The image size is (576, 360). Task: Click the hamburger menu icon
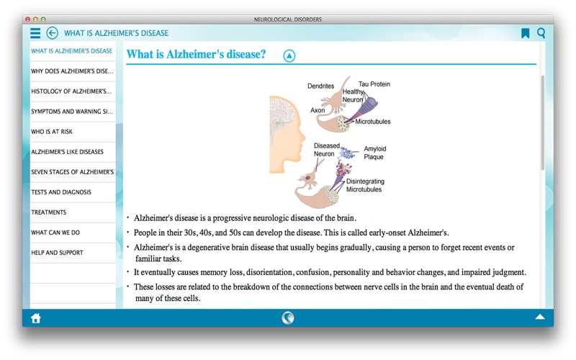tap(35, 33)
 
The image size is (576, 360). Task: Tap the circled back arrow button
tap(52, 33)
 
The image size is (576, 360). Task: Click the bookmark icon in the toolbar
tap(526, 33)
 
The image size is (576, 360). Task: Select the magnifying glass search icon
tap(541, 33)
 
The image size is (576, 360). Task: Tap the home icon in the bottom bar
tap(35, 318)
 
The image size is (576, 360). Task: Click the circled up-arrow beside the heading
tap(289, 56)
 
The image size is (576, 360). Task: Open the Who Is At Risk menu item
tap(52, 132)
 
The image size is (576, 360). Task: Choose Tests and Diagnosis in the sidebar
tap(61, 192)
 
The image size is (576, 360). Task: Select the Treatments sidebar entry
tap(48, 212)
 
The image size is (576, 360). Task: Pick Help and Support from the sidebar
tap(57, 253)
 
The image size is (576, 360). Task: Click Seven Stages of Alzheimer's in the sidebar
tap(73, 172)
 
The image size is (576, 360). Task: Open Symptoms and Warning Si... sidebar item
tap(72, 112)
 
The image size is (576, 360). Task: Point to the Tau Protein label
tap(374, 84)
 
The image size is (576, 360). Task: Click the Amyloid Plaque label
tap(374, 153)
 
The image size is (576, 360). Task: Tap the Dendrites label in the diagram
tap(320, 86)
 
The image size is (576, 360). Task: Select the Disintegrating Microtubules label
tap(365, 186)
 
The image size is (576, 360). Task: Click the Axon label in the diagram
tap(318, 110)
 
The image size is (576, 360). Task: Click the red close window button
tap(27, 19)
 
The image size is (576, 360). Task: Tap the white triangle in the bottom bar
tap(540, 317)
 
